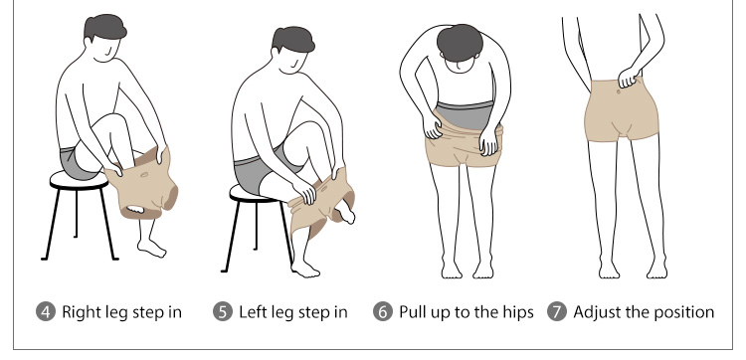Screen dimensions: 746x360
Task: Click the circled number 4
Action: [46, 312]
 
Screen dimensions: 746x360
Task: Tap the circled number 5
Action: [223, 312]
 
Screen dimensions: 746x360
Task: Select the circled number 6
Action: [383, 312]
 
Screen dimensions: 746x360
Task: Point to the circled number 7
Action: [557, 312]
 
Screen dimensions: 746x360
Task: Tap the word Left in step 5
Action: [254, 312]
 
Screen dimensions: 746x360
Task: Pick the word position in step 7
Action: [684, 312]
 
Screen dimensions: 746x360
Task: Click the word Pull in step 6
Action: [410, 312]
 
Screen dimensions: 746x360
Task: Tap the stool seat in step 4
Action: [79, 181]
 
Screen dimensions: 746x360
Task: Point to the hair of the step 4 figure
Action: [104, 28]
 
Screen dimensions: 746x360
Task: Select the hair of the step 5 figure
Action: [293, 40]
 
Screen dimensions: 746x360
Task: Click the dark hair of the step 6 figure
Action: [460, 43]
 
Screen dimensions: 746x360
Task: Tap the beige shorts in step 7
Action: [622, 111]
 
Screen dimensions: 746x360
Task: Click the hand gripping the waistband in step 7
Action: [629, 77]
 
